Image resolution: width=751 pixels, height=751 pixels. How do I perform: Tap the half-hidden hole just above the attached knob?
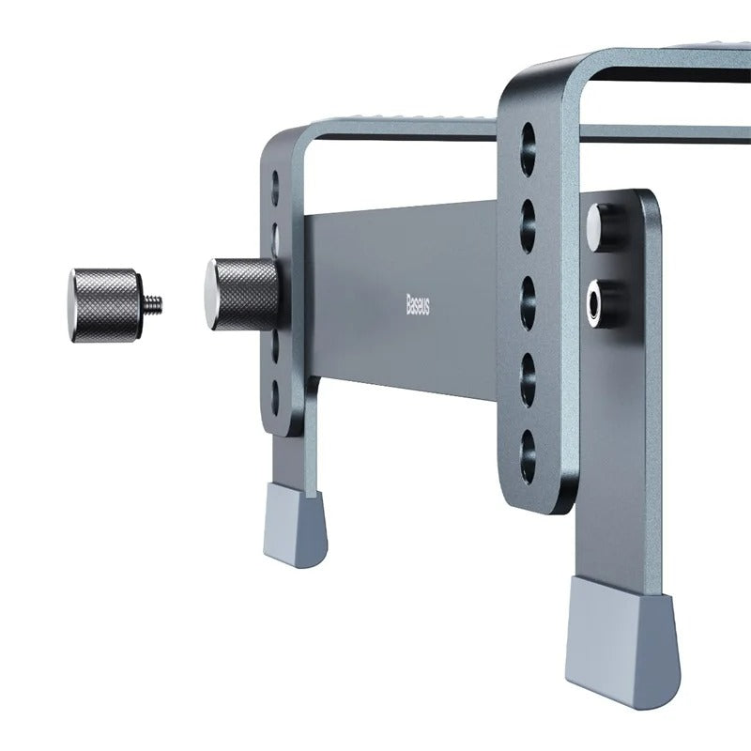point(276,230)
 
